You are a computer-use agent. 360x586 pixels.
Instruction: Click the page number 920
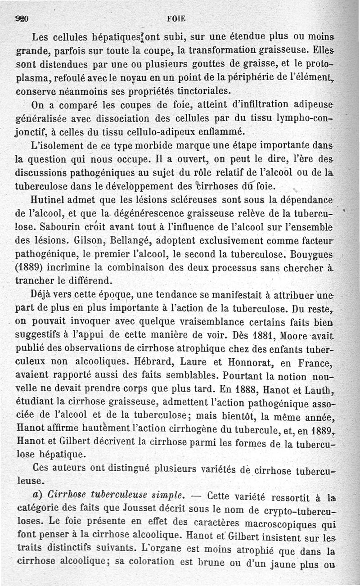coord(22,19)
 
